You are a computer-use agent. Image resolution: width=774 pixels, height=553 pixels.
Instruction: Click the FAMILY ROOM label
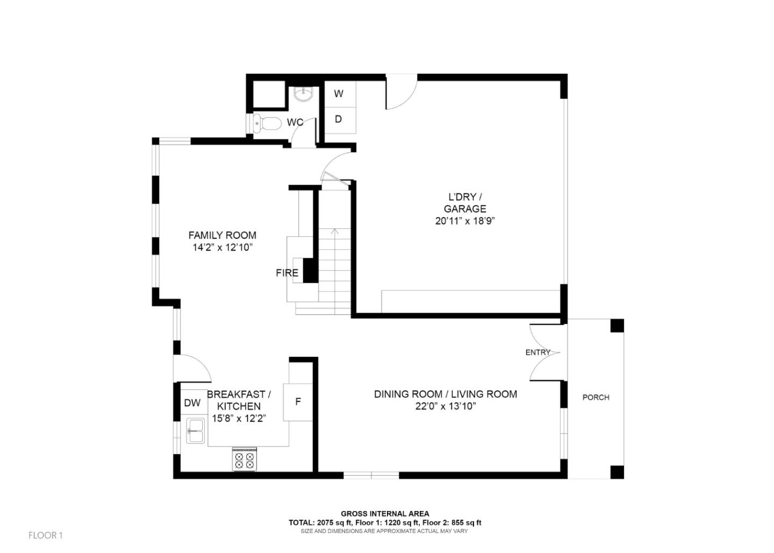[222, 235]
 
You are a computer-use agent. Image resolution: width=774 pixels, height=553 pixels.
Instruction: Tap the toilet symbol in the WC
[267, 124]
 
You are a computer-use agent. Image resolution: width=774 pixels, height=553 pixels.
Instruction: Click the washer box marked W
[339, 94]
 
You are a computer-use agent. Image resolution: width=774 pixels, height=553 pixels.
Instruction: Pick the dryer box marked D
[339, 119]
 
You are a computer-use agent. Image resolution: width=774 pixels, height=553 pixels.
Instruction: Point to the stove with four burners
[245, 459]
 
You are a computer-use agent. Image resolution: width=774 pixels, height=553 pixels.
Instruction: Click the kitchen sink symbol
[196, 430]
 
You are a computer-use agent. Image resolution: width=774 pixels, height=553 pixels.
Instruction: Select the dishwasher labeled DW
[192, 403]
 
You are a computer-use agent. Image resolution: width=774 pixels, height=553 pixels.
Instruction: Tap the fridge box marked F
[298, 401]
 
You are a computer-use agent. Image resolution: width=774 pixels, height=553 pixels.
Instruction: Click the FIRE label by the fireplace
[287, 273]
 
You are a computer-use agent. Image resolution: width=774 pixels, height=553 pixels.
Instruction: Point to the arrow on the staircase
[335, 232]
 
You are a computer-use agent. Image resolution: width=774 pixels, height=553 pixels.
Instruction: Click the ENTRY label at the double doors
[538, 353]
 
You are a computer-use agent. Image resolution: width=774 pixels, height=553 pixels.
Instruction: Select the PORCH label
[596, 398]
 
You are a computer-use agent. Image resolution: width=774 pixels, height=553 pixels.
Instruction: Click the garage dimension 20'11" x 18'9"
[465, 221]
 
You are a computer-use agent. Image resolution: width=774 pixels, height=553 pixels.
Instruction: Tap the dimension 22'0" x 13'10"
[446, 406]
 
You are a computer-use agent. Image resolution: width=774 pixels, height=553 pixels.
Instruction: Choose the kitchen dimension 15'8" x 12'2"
[239, 418]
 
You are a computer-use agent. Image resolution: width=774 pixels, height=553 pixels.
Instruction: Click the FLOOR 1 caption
[46, 535]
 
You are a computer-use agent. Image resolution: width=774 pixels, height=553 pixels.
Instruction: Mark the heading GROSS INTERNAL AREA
[385, 514]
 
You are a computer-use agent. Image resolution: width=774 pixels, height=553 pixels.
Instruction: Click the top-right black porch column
[617, 326]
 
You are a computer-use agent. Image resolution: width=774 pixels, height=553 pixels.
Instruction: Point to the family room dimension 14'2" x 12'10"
[223, 248]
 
